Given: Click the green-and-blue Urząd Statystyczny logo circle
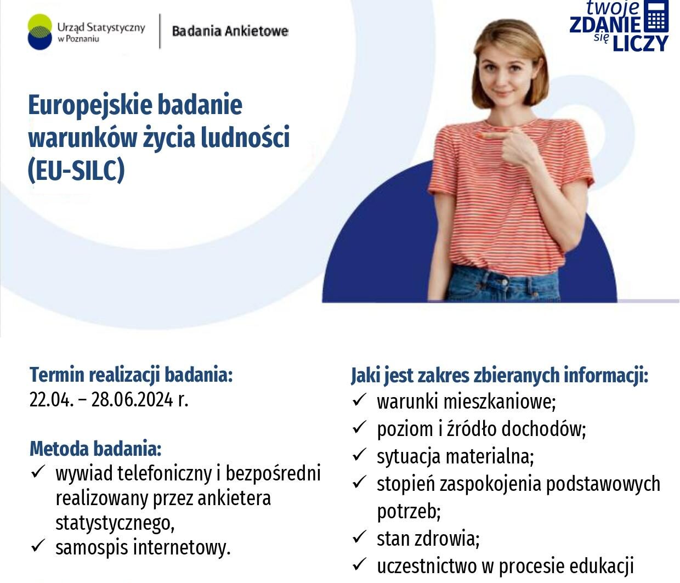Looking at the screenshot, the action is click(x=40, y=32).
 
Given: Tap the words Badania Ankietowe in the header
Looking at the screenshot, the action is click(x=230, y=31).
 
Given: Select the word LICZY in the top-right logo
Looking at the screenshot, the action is click(x=641, y=43).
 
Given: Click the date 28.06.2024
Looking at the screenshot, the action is click(x=132, y=399).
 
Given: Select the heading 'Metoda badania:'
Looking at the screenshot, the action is click(x=96, y=449).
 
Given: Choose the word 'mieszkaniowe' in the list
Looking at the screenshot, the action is click(x=500, y=401).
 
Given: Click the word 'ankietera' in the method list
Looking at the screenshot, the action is click(x=234, y=498).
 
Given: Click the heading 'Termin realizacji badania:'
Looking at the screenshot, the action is click(x=131, y=375).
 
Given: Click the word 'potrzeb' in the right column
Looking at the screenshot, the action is click(x=409, y=512).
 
